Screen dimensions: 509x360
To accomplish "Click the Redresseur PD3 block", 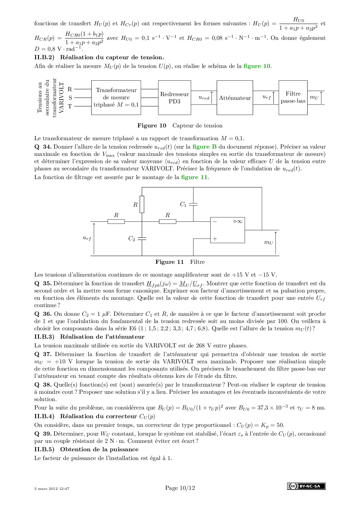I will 174,98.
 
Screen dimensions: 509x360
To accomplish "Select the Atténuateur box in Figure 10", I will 235,98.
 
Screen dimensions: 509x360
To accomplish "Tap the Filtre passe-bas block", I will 293,98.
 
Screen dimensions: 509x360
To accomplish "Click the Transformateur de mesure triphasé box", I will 116,98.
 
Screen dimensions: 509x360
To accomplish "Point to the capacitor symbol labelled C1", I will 193,204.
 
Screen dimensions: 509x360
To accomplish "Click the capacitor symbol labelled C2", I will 142,239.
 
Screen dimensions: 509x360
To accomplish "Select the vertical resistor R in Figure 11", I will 142,204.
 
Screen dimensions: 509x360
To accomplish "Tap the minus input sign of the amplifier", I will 215,221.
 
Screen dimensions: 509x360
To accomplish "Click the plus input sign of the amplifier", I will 215,239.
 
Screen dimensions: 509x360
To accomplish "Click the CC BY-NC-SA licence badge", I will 306,486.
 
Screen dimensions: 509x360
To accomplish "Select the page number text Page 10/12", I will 180,488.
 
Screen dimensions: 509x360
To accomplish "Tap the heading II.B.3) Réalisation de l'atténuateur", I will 89,337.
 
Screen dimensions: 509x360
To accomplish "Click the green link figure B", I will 204,147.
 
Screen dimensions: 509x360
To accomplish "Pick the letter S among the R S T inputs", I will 70,98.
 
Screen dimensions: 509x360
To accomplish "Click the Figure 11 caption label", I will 170,262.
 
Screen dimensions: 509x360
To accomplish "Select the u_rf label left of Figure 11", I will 87,238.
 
